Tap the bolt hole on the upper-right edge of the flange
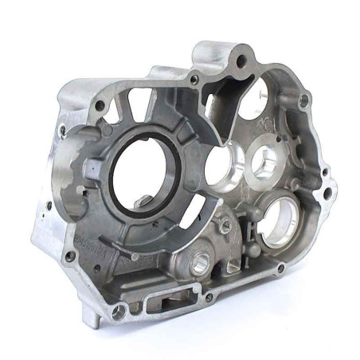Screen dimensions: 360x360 pos(303,100)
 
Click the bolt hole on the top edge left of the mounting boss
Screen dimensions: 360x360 pos(194,79)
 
